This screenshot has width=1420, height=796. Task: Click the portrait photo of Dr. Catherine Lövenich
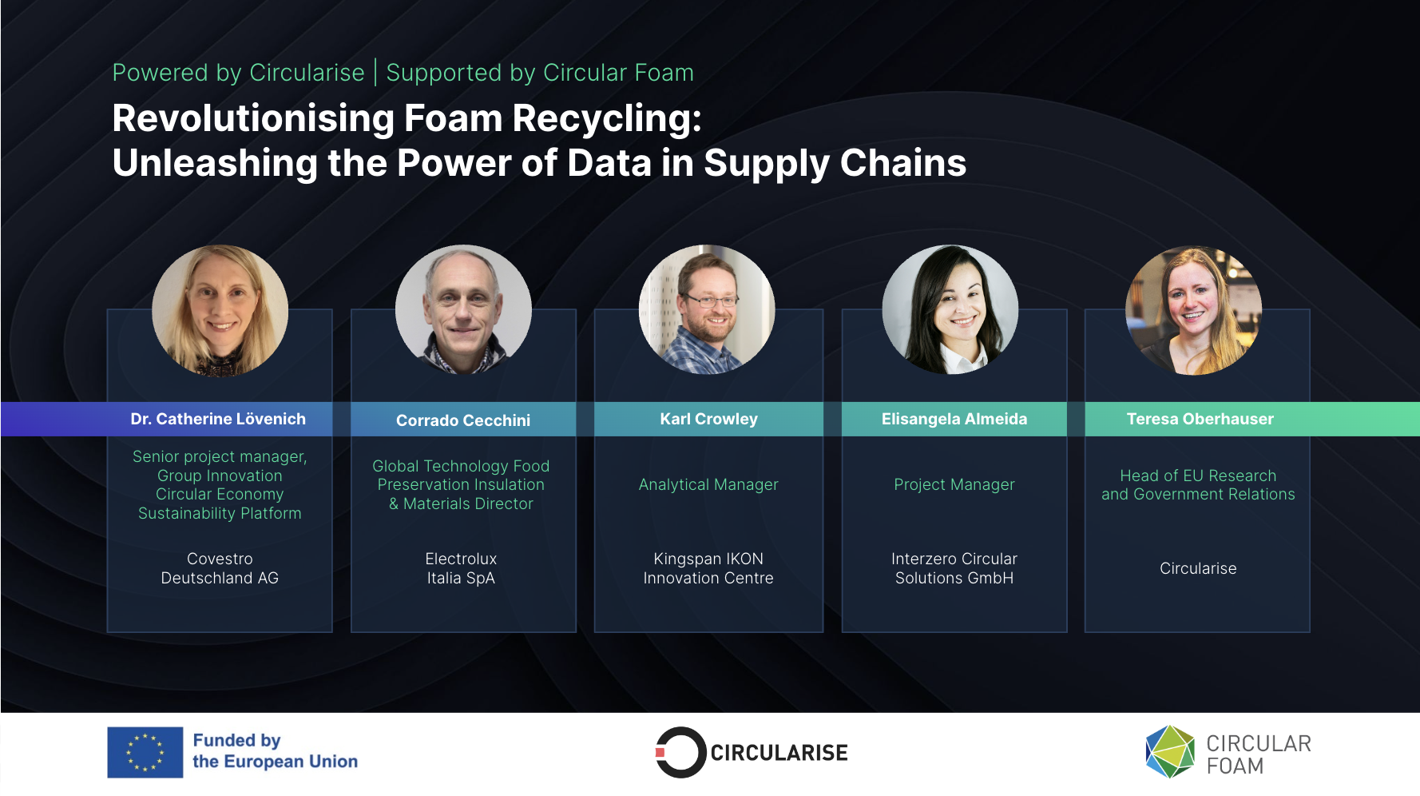point(220,311)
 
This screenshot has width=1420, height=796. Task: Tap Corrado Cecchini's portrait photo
point(463,310)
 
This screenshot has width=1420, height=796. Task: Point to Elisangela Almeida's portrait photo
point(950,310)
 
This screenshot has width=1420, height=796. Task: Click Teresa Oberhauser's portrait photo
point(1193,310)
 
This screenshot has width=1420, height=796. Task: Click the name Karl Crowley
point(708,419)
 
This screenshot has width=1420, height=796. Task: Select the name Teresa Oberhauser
point(1200,419)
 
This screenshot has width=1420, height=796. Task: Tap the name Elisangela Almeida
point(954,419)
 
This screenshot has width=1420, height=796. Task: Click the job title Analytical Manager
point(708,484)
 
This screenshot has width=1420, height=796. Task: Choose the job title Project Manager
point(954,484)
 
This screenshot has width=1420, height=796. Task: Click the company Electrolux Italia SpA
point(461,568)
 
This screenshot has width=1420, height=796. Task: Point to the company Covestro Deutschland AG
point(220,568)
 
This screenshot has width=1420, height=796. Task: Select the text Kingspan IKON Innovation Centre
point(708,568)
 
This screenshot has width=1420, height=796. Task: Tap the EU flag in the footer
point(145,752)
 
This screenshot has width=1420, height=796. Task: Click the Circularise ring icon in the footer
point(680,752)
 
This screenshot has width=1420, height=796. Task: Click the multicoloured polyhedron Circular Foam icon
point(1169,751)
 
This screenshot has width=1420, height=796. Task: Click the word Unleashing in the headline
point(214,164)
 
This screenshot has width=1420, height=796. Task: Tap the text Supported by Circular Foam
point(540,73)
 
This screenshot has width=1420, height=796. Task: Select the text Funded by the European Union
point(275,751)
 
